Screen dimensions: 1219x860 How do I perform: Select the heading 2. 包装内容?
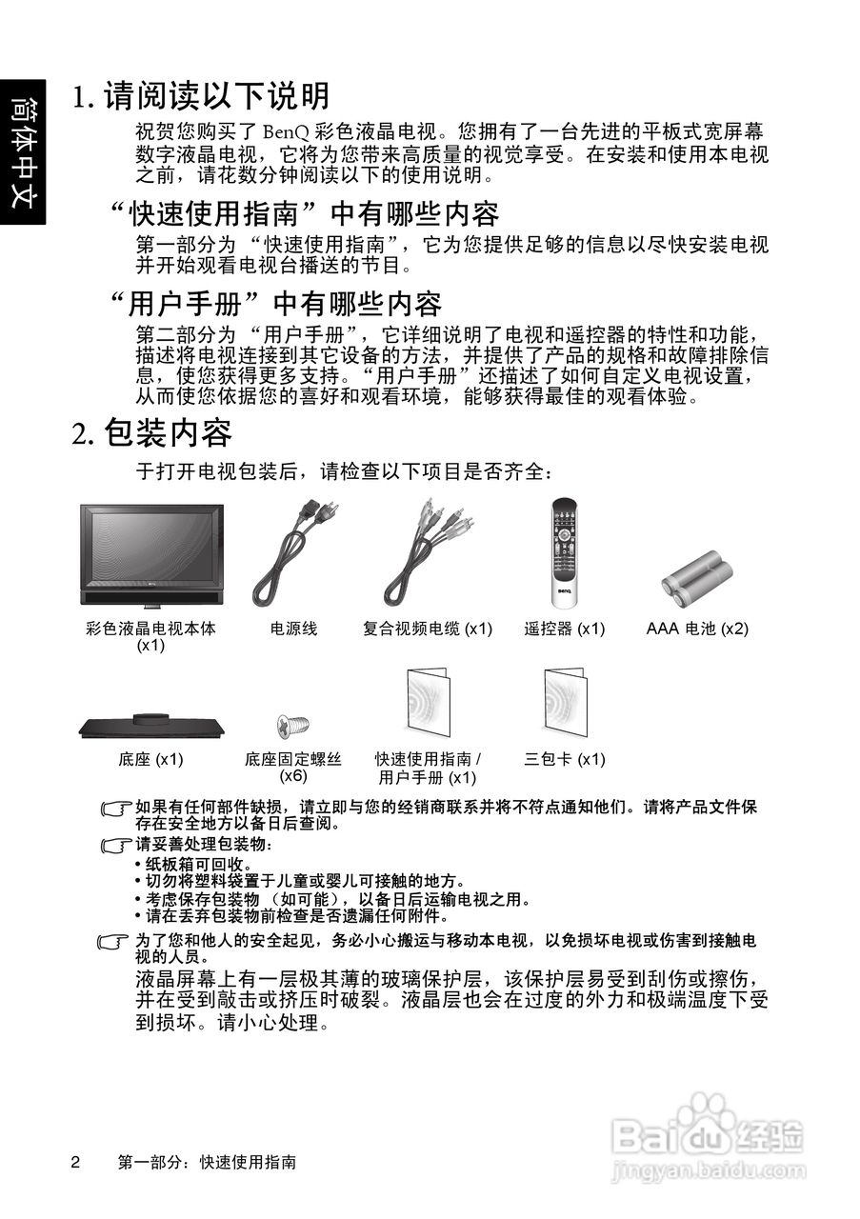pyautogui.click(x=152, y=433)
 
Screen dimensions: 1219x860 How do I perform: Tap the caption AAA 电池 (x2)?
pyautogui.click(x=697, y=629)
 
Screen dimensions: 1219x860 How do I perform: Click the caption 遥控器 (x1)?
pyautogui.click(x=565, y=629)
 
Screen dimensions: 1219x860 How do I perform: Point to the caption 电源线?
pyautogui.click(x=293, y=629)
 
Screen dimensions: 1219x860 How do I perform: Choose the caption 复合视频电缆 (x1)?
pyautogui.click(x=428, y=629)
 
